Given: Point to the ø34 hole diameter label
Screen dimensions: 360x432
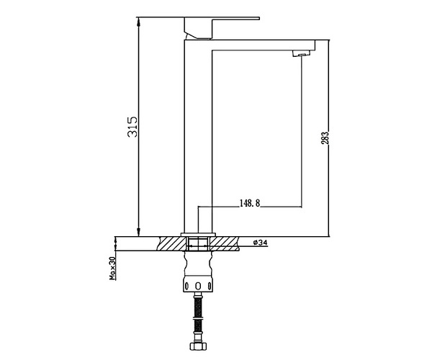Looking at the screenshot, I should [x=260, y=243].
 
